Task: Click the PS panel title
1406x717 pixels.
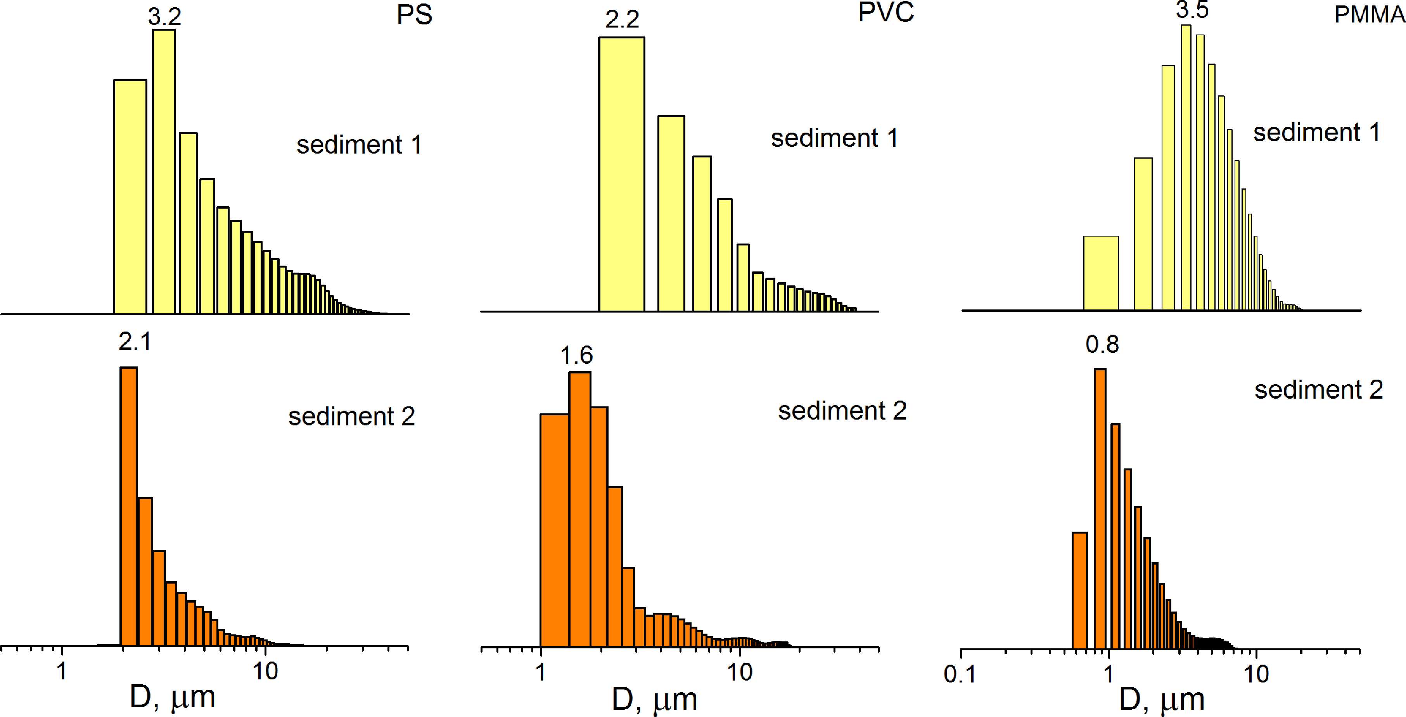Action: tap(414, 15)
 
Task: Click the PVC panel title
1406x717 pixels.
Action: tap(885, 12)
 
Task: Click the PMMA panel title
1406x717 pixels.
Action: tap(1368, 15)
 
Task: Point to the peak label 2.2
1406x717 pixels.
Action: tap(622, 20)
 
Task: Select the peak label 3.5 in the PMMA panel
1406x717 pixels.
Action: tap(1192, 10)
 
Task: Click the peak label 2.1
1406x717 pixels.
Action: tap(135, 342)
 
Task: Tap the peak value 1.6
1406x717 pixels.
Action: tap(576, 355)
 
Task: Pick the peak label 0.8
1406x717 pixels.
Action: tap(1102, 344)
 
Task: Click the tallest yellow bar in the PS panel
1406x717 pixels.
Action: tap(164, 172)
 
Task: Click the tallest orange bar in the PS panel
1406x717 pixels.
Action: tap(129, 508)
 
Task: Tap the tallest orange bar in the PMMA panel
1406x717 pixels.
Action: tap(1100, 508)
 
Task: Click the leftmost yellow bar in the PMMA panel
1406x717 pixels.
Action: tap(1100, 273)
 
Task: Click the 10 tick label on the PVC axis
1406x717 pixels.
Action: tap(740, 673)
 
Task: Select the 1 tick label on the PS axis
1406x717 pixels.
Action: tap(62, 671)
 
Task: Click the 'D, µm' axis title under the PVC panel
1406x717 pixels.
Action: tap(654, 699)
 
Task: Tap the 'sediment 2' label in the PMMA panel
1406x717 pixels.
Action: tap(1319, 390)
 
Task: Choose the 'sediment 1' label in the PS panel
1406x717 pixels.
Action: tap(359, 145)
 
